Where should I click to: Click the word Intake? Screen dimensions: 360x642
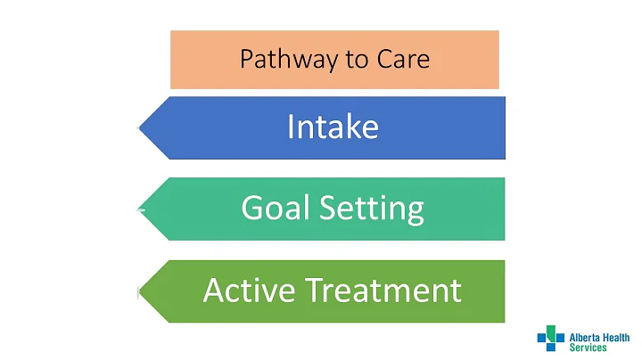[x=333, y=127]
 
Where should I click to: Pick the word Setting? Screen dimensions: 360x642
[x=374, y=209]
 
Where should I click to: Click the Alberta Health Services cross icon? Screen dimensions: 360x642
[x=550, y=338]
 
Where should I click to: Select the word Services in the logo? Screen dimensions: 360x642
[x=588, y=348]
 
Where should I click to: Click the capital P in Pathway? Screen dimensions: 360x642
[x=247, y=60]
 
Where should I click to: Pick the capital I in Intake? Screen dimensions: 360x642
[x=291, y=127]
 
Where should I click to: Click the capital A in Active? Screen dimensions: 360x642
[x=215, y=290]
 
